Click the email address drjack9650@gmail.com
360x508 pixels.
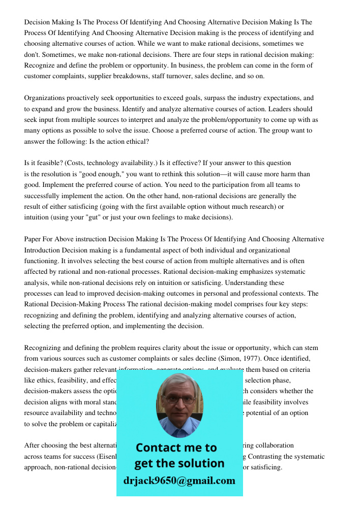pos(179,481)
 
